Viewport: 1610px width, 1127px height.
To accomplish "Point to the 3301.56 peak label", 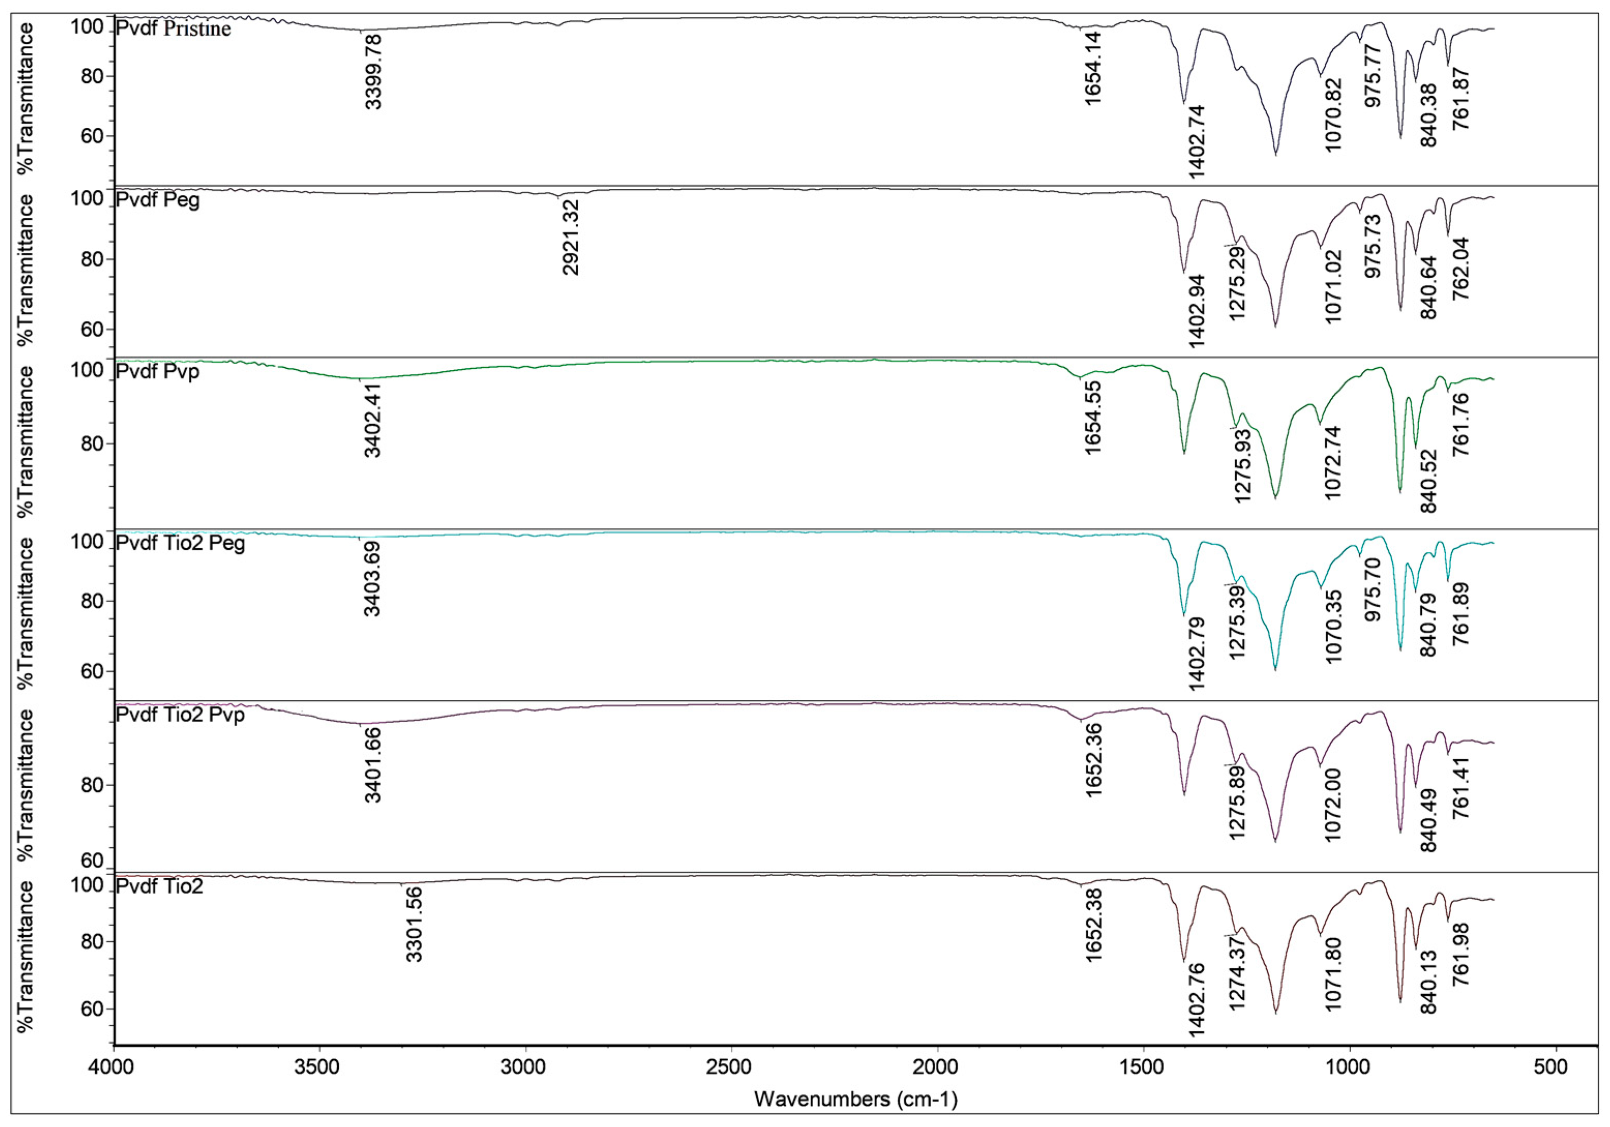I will pos(414,924).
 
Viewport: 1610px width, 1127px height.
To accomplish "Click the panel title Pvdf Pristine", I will pos(173,29).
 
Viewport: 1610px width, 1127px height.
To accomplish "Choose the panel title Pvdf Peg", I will pos(158,201).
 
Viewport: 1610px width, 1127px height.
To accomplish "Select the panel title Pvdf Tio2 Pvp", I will pos(180,716).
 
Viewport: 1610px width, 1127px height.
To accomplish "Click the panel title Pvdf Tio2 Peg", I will pos(180,544).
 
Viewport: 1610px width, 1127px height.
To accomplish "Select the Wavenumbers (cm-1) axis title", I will pos(855,1099).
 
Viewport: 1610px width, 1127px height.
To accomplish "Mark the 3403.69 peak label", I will pos(372,579).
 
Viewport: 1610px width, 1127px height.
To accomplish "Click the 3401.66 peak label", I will pos(372,765).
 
